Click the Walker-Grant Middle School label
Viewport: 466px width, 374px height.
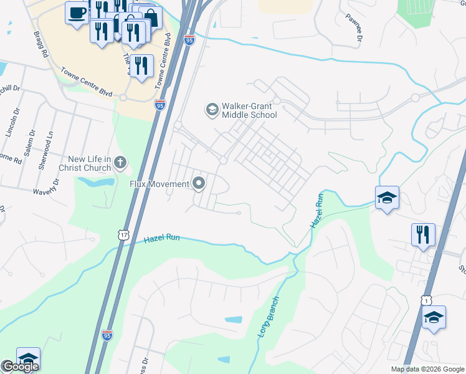coord(250,110)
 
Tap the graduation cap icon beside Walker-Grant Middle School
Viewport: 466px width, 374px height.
coord(212,110)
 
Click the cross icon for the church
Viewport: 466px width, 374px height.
coord(120,163)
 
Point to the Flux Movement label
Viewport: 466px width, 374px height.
coord(159,184)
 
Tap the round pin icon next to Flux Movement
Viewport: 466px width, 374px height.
coord(199,183)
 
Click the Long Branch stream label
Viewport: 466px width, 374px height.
coord(268,317)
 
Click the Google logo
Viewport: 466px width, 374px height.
coord(20,367)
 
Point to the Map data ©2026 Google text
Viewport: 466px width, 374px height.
coord(427,369)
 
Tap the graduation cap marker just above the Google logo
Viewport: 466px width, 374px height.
coord(27,359)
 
